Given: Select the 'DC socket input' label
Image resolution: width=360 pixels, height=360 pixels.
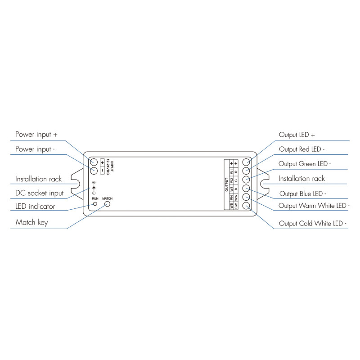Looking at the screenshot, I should tap(39, 193).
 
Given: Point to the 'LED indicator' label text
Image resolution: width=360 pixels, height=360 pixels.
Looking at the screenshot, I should tap(35, 207).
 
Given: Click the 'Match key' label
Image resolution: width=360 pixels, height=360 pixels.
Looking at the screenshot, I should tap(31, 222).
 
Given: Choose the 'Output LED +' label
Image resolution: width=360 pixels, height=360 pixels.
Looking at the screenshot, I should tap(297, 135).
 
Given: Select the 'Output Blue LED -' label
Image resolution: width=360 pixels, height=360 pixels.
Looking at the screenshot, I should tap(303, 193).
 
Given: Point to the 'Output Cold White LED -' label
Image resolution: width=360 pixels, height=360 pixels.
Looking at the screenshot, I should tap(313, 223).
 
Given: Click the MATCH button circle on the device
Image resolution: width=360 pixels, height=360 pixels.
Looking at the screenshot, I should tap(108, 204).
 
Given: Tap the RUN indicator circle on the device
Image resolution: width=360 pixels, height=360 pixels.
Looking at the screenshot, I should tap(95, 204).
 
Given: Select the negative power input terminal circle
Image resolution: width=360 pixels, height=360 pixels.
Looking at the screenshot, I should tap(94, 171).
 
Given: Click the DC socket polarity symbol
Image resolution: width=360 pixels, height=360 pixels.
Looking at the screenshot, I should tap(94, 187).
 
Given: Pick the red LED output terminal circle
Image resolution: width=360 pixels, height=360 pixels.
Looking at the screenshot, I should tap(246, 171).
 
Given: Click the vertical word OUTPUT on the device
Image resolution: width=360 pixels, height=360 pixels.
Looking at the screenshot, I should tap(227, 184).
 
